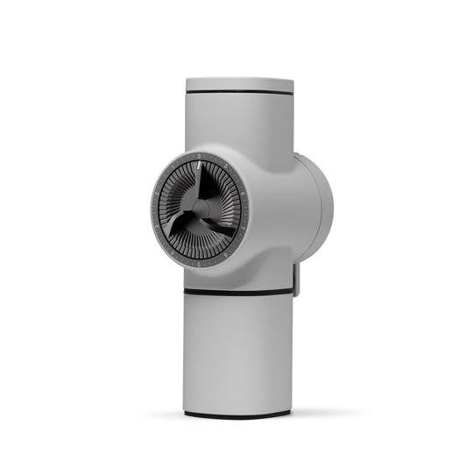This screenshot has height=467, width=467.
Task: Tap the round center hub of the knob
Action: point(199,209)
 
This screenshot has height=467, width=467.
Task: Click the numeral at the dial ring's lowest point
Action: point(200,264)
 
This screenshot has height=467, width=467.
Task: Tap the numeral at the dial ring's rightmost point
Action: point(246,210)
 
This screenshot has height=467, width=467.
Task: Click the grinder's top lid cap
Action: point(238,84)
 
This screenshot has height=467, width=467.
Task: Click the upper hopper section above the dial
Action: point(238,123)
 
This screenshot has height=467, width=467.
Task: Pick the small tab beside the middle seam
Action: point(296,279)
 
